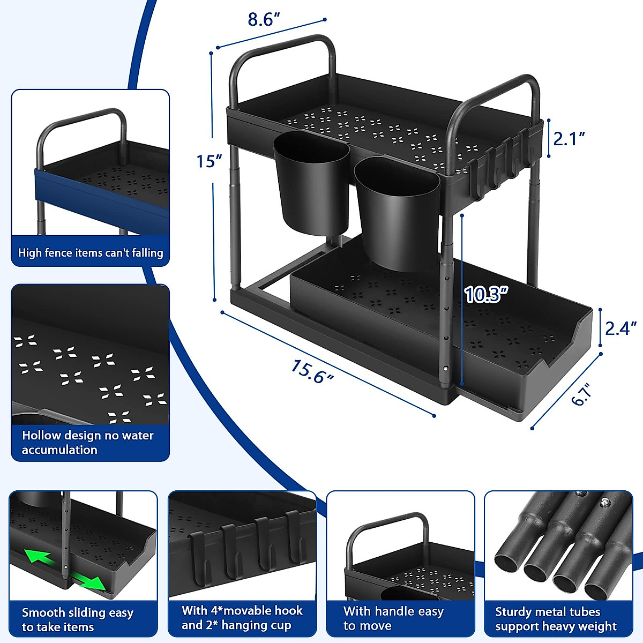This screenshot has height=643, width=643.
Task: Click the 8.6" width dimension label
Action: click(x=264, y=20)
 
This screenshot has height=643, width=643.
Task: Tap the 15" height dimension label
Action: click(x=209, y=161)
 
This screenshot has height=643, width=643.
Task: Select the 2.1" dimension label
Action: click(x=569, y=139)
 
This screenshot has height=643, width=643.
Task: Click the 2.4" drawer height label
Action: click(x=620, y=328)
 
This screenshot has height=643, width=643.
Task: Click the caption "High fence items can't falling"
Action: click(x=91, y=253)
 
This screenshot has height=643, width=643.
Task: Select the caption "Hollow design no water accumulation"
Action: click(x=87, y=443)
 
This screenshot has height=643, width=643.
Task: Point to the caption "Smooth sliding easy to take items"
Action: click(x=78, y=619)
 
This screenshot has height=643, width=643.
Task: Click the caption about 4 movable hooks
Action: click(x=242, y=618)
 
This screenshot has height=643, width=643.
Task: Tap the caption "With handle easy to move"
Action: click(x=394, y=618)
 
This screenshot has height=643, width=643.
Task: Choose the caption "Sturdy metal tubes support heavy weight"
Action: click(x=556, y=619)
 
